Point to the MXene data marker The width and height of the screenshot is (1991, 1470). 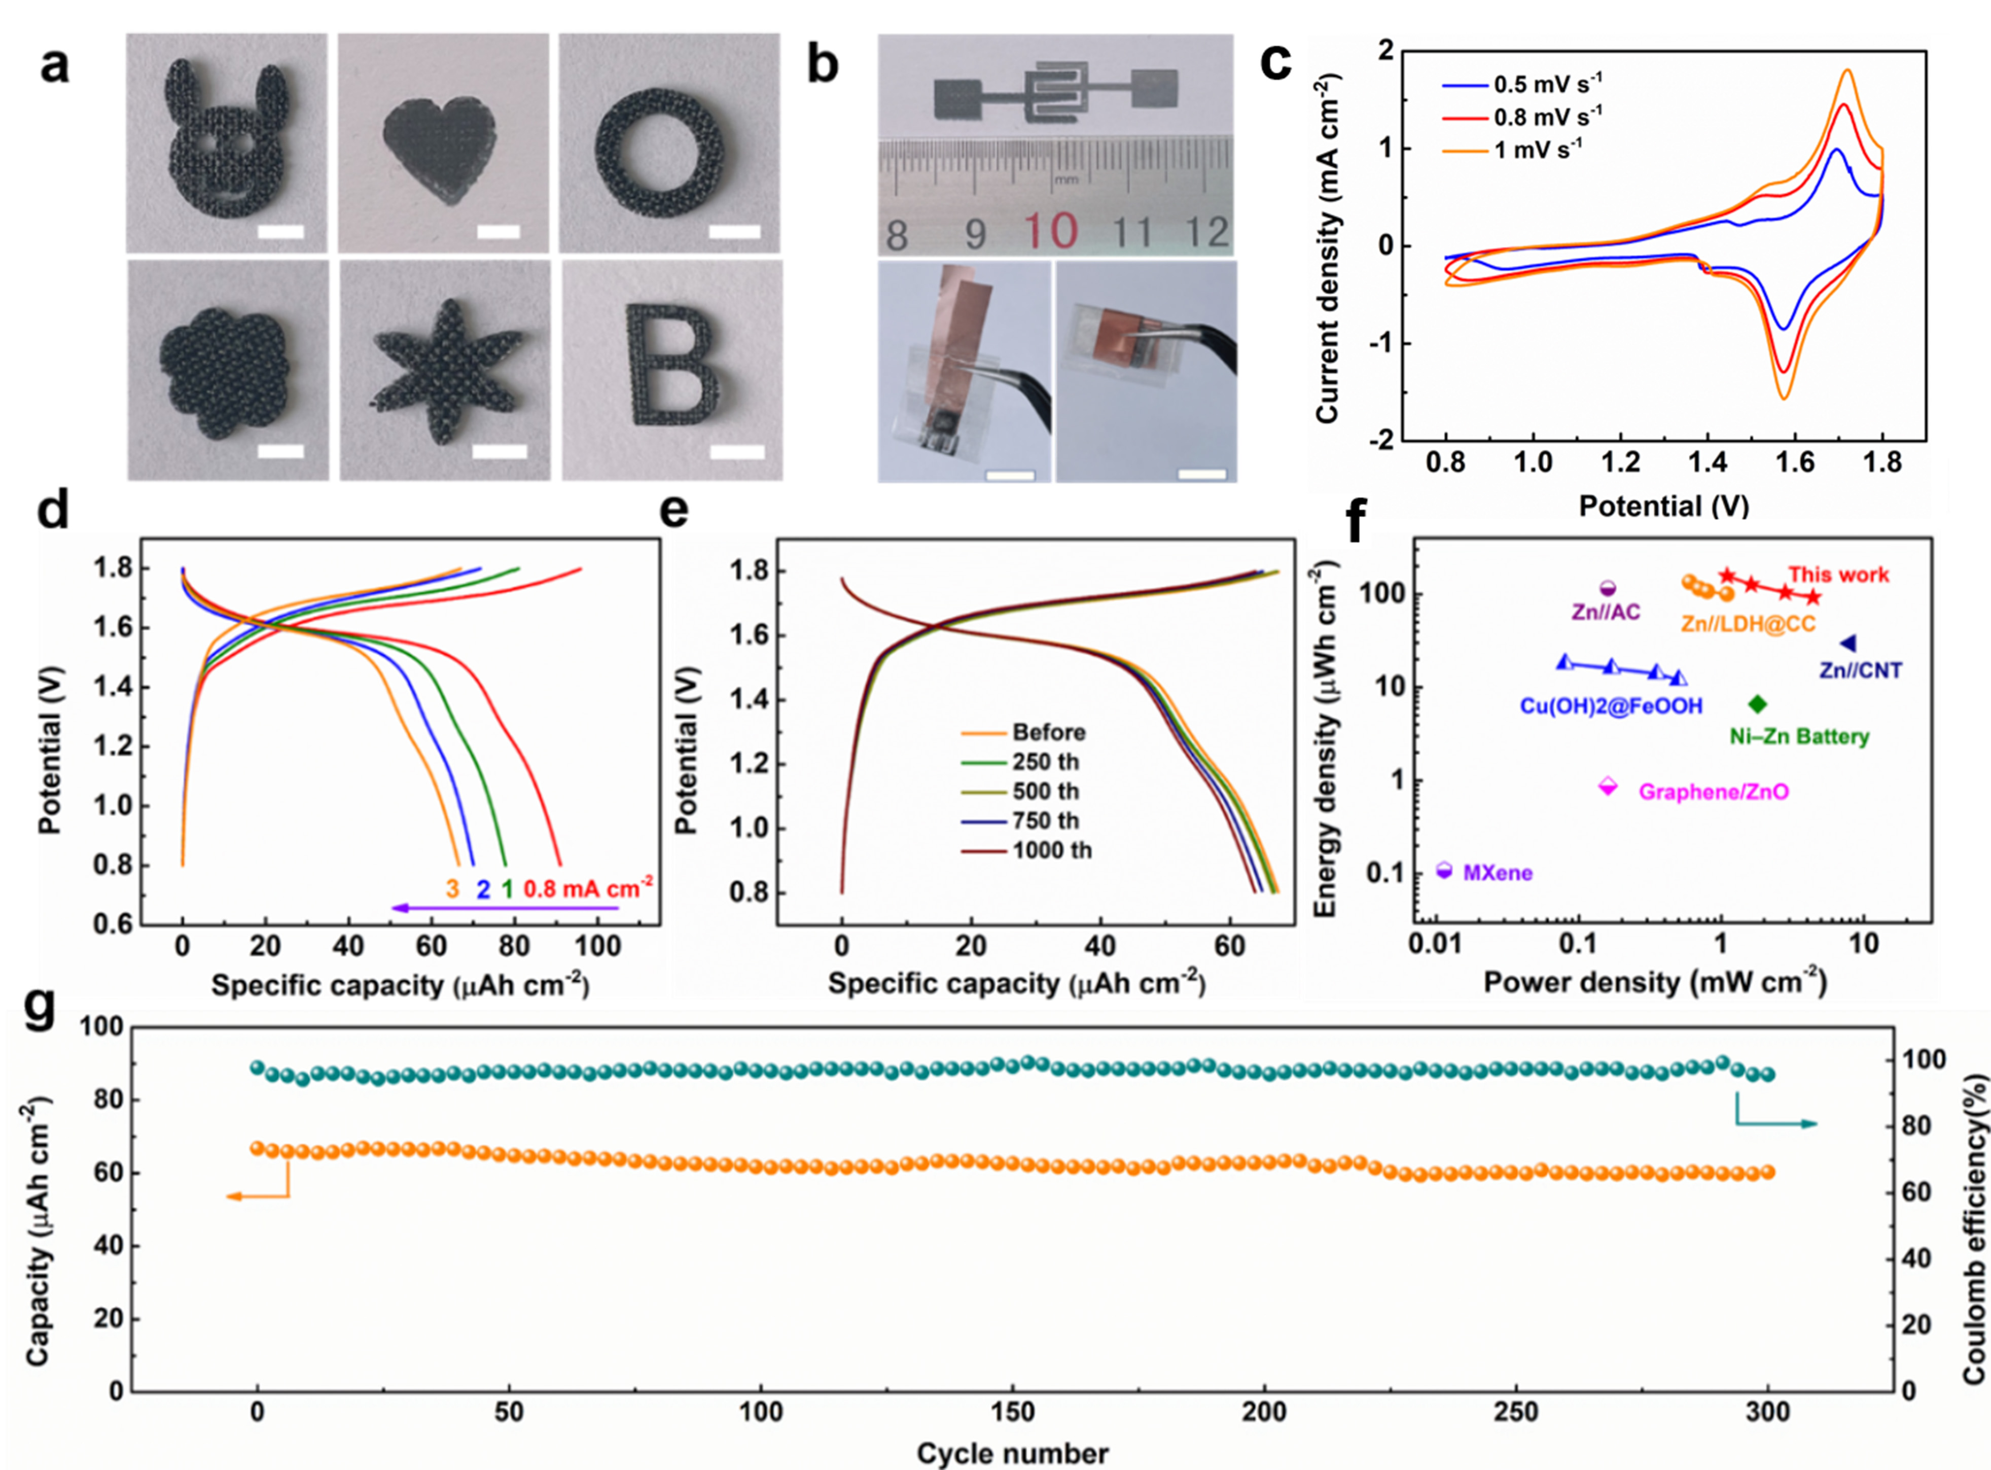(1444, 870)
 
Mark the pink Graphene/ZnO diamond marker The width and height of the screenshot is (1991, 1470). (1608, 786)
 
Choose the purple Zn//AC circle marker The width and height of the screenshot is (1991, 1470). (1608, 588)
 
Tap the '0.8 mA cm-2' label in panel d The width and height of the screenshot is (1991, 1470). (587, 888)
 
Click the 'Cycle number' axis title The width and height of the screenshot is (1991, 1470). (1013, 1453)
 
